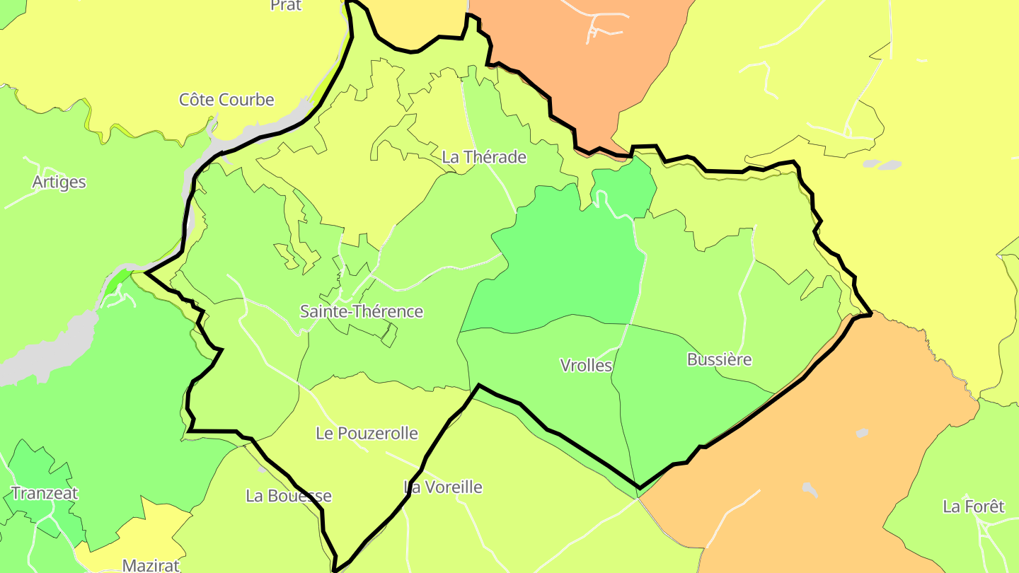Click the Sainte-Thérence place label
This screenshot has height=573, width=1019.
coord(362,311)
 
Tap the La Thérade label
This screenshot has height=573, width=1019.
coord(484,157)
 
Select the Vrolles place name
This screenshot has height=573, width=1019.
coord(586,365)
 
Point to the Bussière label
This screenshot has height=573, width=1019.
coord(719,359)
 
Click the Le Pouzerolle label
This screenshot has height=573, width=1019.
coord(367,433)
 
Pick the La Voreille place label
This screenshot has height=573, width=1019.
coord(443,487)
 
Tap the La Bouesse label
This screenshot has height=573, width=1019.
coord(289,496)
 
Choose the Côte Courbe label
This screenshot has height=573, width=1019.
coord(226,100)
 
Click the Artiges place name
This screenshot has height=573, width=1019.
coord(59,182)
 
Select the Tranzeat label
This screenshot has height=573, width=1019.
coord(45,493)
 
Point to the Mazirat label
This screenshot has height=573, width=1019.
coord(151,565)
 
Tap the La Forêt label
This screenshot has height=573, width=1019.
coord(974,507)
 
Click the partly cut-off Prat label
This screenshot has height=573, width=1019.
coord(286,6)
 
